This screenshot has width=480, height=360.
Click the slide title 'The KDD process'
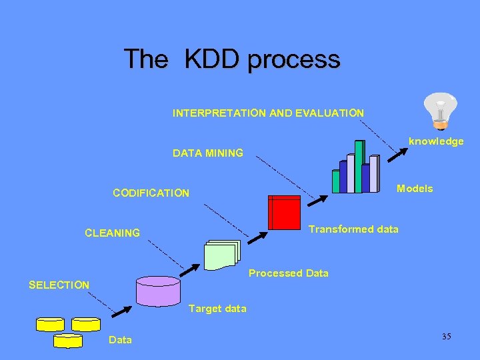[231, 59]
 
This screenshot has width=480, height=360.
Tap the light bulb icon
[441, 111]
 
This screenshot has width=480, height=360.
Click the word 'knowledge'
[436, 141]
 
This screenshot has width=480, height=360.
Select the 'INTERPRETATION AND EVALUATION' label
[268, 113]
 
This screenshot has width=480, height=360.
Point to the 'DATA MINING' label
[208, 153]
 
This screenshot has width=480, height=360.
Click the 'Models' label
[415, 189]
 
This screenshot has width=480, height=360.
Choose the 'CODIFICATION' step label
[151, 193]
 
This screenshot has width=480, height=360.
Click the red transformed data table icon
[284, 213]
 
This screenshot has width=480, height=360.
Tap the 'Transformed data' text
[353, 229]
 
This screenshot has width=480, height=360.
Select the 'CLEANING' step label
[112, 233]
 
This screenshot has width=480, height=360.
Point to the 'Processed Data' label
[288, 273]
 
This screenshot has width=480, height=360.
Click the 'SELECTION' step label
[59, 285]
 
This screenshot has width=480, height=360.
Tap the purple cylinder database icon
[158, 290]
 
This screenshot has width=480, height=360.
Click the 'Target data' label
[217, 309]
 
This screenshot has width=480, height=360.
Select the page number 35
[446, 337]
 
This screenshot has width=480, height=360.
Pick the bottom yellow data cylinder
[67, 341]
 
